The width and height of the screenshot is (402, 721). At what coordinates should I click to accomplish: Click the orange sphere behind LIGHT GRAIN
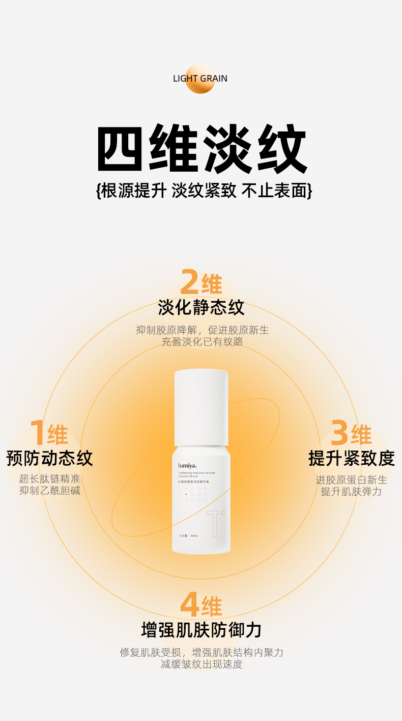200,79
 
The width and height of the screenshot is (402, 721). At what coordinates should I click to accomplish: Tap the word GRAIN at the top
214,78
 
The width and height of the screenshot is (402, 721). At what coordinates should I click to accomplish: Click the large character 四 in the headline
120,148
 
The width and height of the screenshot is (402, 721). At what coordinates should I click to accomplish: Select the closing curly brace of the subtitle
308,191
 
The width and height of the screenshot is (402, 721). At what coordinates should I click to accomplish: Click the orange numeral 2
189,282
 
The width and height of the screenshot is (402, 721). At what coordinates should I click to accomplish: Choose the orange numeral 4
189,605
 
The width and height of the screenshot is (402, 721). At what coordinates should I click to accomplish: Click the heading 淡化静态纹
201,308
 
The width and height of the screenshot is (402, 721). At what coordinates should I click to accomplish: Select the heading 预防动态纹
49,458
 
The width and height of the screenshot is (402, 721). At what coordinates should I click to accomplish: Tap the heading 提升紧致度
351,458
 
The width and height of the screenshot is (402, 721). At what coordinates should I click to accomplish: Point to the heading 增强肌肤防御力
201,630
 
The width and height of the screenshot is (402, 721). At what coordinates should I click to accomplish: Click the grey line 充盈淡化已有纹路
202,342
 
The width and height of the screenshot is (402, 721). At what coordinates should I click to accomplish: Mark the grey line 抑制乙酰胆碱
50,491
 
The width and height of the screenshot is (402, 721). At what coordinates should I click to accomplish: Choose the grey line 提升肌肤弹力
351,492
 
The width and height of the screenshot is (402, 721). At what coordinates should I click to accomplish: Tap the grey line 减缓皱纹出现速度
202,664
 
